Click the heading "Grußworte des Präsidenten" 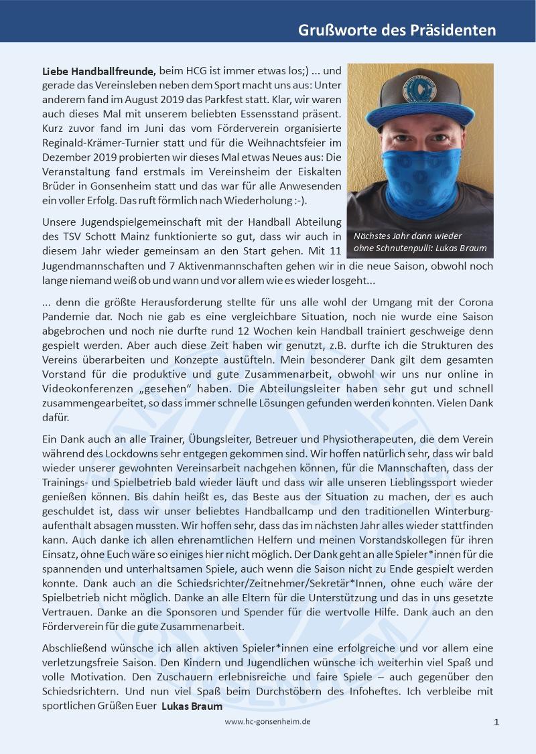click(397, 31)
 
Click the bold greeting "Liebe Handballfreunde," click(98, 70)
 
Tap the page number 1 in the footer click(496, 722)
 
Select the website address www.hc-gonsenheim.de click(267, 721)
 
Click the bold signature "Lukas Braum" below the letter click(192, 706)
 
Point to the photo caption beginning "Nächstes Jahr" click(420, 242)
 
